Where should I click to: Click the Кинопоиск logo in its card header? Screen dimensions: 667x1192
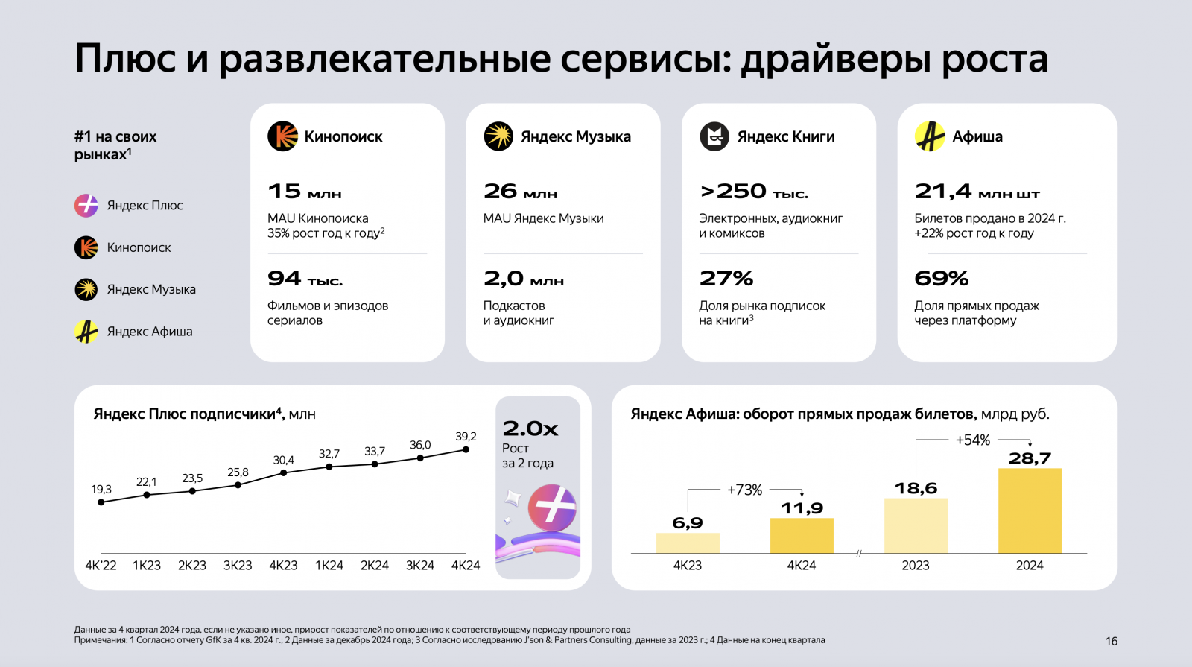[282, 136]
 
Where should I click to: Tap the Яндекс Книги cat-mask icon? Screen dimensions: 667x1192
[714, 136]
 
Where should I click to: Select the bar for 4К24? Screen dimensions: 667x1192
[802, 535]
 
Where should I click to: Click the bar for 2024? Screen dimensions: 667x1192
[1030, 510]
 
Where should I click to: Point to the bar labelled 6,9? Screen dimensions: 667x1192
[688, 543]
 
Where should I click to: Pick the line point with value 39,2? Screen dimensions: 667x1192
[466, 449]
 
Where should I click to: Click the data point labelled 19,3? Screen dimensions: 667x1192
[101, 502]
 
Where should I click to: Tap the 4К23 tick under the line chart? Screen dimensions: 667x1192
[283, 566]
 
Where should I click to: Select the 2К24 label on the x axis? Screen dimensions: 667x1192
[375, 566]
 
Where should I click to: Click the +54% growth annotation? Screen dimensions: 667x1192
[973, 440]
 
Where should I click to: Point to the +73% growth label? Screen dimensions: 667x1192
[744, 490]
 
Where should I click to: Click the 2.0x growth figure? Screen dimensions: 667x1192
[530, 429]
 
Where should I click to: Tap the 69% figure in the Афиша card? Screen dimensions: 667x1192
[942, 279]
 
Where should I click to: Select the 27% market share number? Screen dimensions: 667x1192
[726, 279]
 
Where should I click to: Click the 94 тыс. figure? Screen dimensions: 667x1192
[305, 279]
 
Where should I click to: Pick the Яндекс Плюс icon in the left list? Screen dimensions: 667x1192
[86, 205]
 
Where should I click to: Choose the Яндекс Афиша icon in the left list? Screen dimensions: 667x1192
[86, 332]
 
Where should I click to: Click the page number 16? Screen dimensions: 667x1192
[1112, 641]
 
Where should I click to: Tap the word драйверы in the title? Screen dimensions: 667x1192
[835, 58]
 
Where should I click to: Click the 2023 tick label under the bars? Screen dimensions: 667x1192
[916, 566]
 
